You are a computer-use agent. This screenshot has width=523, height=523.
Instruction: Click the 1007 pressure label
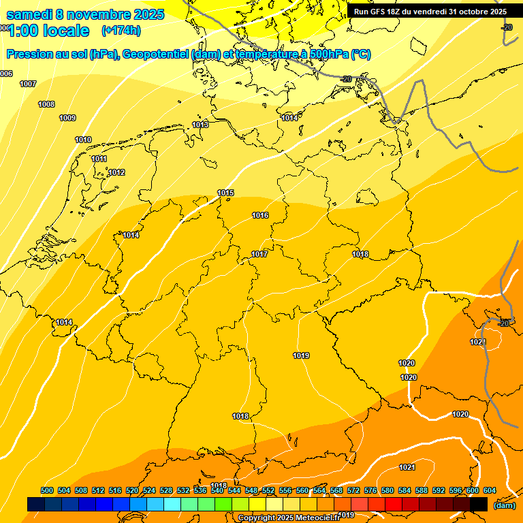[x=28, y=84]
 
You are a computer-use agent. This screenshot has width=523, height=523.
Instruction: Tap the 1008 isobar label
[x=46, y=104]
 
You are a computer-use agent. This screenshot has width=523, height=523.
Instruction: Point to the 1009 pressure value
[x=67, y=118]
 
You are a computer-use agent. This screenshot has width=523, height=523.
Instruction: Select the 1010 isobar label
[x=83, y=140]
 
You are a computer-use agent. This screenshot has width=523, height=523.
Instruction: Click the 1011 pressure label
[x=99, y=159]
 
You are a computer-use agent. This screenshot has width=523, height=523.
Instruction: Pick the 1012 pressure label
[x=116, y=172]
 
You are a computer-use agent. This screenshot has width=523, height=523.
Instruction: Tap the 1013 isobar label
[x=200, y=125]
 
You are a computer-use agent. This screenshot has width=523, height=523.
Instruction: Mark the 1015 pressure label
[x=225, y=193]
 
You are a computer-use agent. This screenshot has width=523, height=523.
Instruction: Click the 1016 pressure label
[x=260, y=215]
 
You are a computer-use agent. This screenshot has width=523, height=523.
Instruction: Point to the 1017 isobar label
[x=259, y=254]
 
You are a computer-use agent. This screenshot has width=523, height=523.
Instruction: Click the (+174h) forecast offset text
[x=121, y=31]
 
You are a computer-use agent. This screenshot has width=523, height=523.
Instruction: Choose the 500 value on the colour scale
[x=47, y=490]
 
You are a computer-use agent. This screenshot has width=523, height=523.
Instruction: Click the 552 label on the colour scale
[x=268, y=490]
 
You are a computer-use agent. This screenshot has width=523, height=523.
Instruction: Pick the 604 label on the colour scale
[x=490, y=490]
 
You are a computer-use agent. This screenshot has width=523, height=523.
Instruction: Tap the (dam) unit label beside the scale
[x=505, y=505]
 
